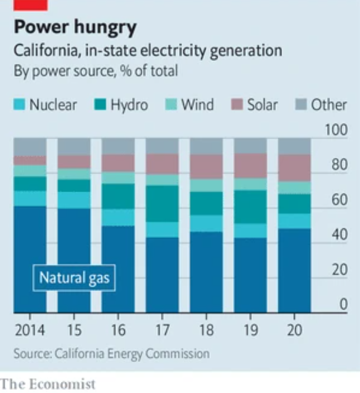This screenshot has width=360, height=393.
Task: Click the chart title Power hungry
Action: tap(75, 27)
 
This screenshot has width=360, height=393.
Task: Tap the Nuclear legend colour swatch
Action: tap(19, 105)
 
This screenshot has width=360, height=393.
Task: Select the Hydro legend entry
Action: tap(122, 105)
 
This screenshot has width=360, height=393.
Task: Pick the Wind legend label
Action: tap(197, 105)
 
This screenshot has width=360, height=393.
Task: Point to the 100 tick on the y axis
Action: tap(336, 130)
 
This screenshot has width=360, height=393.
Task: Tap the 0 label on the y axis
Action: tap(343, 305)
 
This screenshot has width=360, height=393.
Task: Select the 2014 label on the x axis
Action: tap(29, 330)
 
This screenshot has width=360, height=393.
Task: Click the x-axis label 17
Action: tap(162, 330)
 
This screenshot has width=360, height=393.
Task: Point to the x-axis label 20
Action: tap(294, 330)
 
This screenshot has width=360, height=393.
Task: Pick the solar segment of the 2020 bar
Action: tap(294, 168)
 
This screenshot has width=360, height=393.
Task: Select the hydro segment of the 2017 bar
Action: tap(162, 203)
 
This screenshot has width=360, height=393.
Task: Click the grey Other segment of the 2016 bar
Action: tap(118, 146)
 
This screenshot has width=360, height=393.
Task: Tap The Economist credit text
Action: tap(48, 383)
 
